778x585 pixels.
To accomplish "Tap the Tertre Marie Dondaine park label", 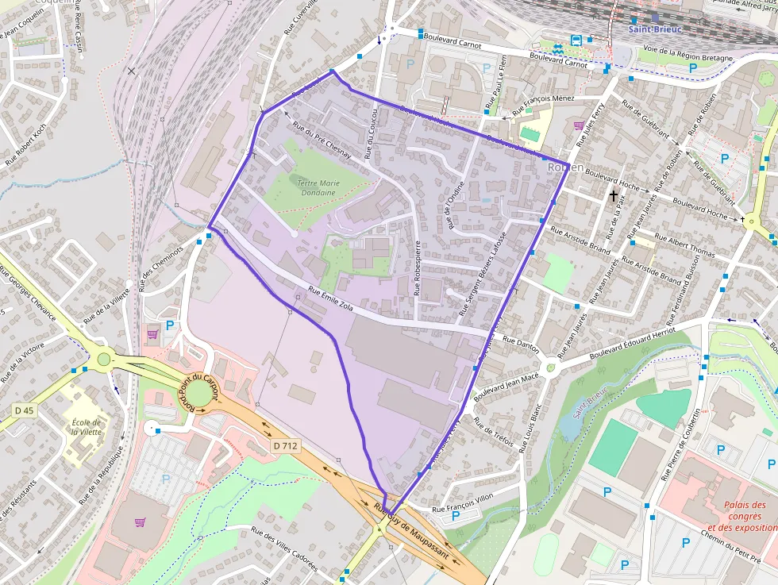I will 316,187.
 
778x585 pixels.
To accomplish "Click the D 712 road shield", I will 285,446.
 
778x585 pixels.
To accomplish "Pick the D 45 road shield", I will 25,410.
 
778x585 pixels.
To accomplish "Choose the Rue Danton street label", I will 521,344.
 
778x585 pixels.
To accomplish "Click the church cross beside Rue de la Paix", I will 613,194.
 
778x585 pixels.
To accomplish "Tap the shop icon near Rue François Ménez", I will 579,125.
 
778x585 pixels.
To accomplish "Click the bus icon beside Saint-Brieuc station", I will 576,40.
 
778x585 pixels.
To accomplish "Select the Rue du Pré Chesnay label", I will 322,140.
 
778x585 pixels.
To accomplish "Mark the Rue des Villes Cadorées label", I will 284,549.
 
